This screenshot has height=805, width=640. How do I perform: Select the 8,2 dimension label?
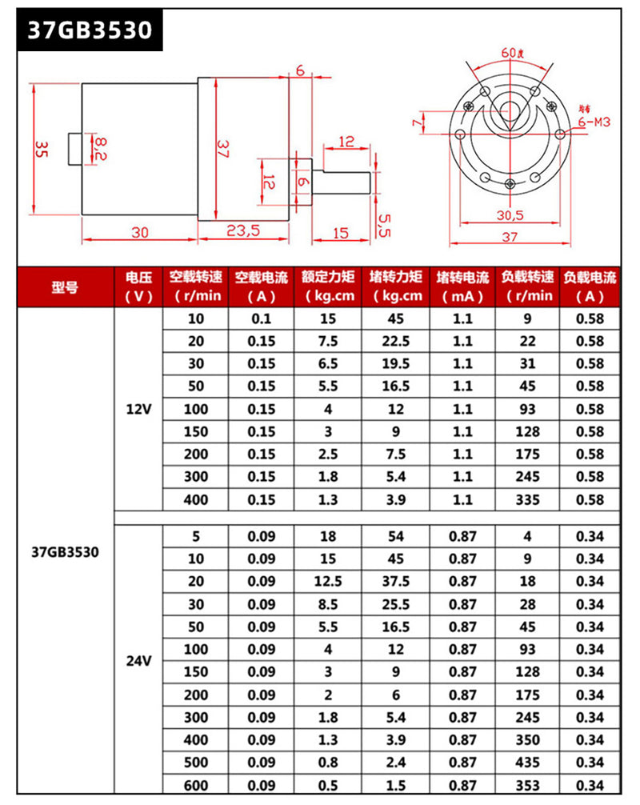[100, 148]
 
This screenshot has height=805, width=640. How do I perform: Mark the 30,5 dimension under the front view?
[509, 215]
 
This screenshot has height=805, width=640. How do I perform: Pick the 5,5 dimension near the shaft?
[383, 225]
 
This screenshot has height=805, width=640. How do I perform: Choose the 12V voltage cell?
[138, 409]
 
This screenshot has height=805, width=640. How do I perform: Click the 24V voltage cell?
[138, 661]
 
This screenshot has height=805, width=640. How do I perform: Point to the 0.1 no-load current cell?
[262, 319]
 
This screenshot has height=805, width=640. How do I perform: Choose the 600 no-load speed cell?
[195, 785]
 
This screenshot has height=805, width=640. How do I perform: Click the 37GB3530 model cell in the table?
[65, 552]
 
